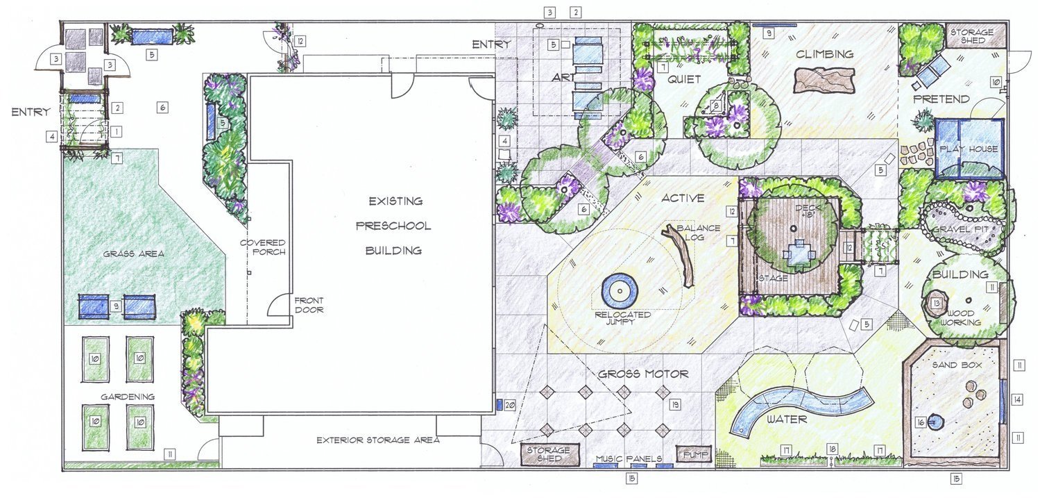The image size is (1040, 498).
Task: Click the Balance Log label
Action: coord(698,233)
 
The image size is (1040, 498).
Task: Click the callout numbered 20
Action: coord(510,406)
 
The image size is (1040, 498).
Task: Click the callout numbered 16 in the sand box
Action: coord(921,423)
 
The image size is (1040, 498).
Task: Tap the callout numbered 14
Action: coord(1017,399)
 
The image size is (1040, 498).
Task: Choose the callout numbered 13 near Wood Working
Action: coord(937,304)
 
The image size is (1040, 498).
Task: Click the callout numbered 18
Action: coord(833,449)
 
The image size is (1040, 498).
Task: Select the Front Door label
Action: coord(309,306)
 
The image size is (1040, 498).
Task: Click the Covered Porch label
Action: coord(263,247)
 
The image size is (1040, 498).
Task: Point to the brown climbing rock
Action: coord(824,80)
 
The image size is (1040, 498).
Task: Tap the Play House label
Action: coord(969,149)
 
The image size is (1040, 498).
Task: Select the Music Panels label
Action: coord(629,459)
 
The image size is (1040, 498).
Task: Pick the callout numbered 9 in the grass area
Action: coord(117,306)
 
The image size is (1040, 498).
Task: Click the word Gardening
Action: coord(128,397)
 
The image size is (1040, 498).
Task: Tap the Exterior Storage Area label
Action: coord(378,440)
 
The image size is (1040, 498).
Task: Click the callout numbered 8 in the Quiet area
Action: coord(717,106)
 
